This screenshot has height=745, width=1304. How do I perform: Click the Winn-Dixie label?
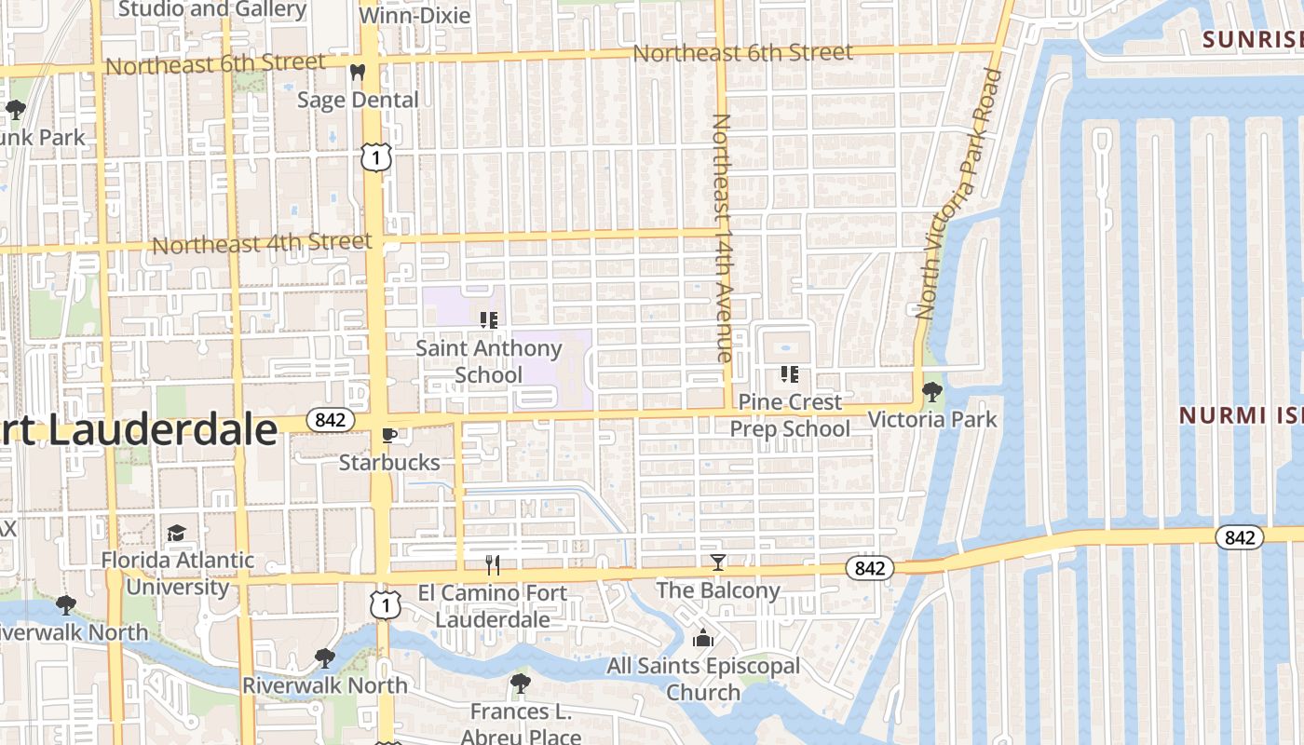click(x=414, y=16)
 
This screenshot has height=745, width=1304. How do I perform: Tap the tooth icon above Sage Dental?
click(x=357, y=72)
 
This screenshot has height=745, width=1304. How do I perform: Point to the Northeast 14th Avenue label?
click(x=723, y=237)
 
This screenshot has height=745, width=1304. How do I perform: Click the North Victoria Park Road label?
click(x=959, y=194)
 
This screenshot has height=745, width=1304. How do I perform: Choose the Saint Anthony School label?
click(x=488, y=361)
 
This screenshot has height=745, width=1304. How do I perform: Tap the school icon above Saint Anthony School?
click(x=488, y=320)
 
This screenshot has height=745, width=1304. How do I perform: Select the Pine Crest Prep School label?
click(x=789, y=415)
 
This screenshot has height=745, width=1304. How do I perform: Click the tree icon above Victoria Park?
click(x=931, y=392)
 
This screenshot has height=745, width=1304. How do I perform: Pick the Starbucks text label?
click(x=388, y=462)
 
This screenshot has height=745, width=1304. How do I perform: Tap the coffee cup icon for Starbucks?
click(x=388, y=435)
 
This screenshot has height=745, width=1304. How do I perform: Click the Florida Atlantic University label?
click(x=177, y=573)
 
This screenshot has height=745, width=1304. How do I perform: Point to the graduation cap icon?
click(x=176, y=533)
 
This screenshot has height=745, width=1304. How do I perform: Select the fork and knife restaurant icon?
click(x=493, y=564)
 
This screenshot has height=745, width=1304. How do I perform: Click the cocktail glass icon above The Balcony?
click(x=717, y=562)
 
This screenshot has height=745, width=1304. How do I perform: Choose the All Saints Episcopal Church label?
click(x=703, y=679)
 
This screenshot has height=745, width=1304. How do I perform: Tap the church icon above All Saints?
click(x=703, y=638)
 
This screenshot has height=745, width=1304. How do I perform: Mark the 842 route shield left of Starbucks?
click(x=330, y=420)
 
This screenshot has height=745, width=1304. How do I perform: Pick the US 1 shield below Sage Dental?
click(x=375, y=158)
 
